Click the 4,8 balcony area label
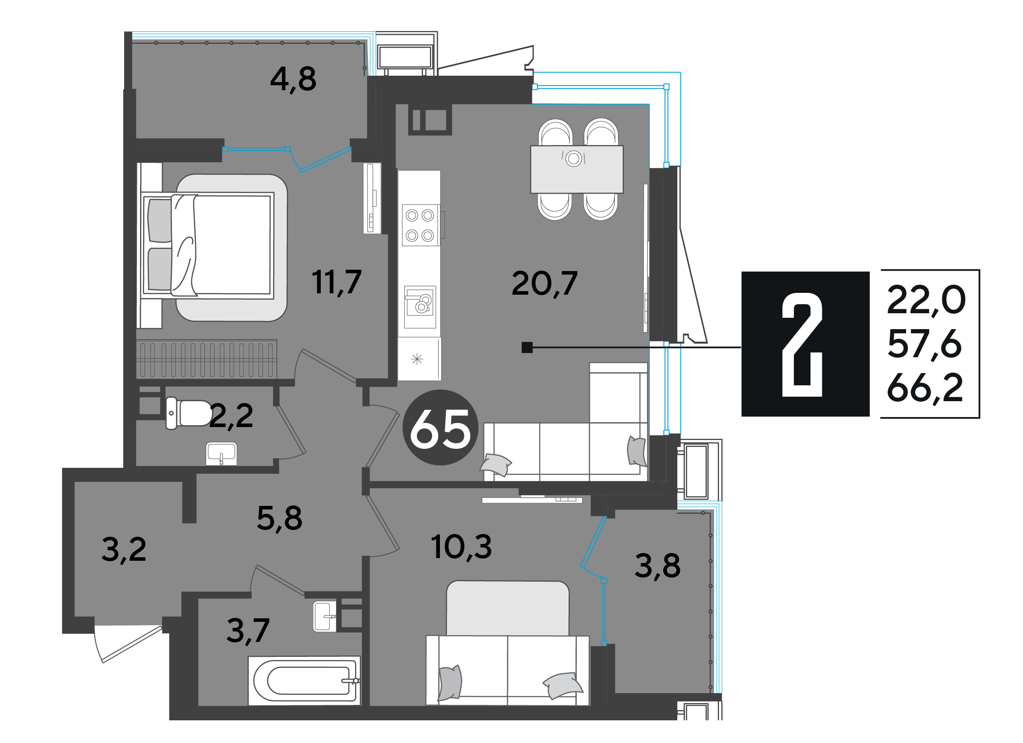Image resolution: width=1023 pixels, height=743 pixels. pyautogui.click(x=293, y=79)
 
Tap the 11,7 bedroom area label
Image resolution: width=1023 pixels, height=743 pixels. pyautogui.click(x=337, y=282)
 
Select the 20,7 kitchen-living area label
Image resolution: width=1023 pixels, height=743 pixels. pyautogui.click(x=545, y=283)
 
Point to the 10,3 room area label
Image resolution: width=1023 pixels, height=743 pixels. pyautogui.click(x=461, y=547)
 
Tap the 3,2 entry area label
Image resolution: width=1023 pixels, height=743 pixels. pyautogui.click(x=124, y=549)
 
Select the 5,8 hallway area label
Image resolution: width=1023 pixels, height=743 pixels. pyautogui.click(x=280, y=518)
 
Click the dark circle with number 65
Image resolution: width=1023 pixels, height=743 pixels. pyautogui.click(x=440, y=427)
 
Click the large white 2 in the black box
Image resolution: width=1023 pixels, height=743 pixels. pyautogui.click(x=802, y=345)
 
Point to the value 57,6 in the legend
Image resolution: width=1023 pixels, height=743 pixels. pyautogui.click(x=924, y=344)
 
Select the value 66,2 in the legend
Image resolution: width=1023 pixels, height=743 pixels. pyautogui.click(x=925, y=388)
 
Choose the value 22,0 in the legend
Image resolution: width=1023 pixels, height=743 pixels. pyautogui.click(x=926, y=300)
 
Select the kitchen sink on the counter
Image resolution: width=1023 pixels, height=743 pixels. pyautogui.click(x=420, y=307)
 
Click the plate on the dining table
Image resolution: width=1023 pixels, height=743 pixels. pyautogui.click(x=574, y=158)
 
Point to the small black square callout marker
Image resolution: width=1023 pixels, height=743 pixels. pyautogui.click(x=527, y=347)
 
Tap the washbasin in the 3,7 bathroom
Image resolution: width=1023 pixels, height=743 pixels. pyautogui.click(x=325, y=616)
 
